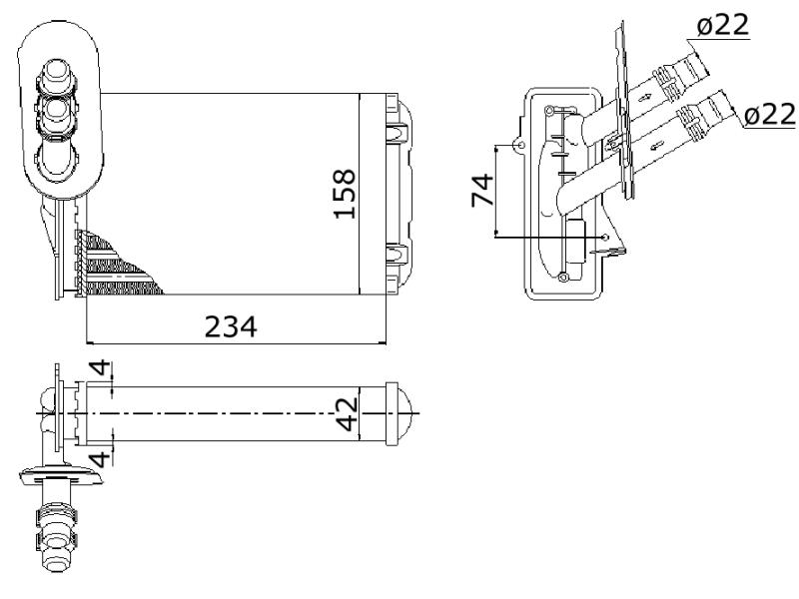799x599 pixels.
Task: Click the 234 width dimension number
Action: [x=231, y=326]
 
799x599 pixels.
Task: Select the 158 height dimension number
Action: [x=345, y=194]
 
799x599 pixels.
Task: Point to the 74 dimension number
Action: [x=482, y=191]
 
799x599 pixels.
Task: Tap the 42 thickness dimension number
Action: [x=348, y=414]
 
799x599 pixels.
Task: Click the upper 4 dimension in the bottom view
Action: [x=100, y=367]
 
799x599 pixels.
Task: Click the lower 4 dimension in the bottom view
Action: [x=101, y=458]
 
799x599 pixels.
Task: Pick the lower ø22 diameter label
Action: [x=770, y=114]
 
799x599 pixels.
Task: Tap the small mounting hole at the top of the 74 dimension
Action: [x=520, y=146]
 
